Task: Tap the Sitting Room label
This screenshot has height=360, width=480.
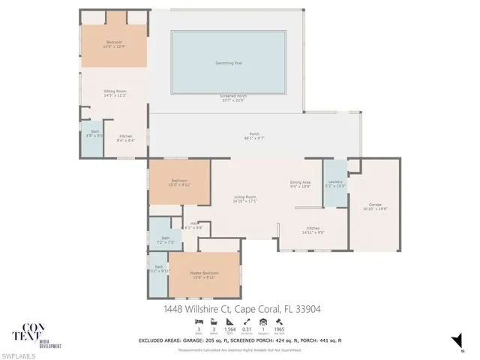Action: tap(115, 91)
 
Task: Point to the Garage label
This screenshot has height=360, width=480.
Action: tap(375, 205)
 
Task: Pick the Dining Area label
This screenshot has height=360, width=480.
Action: tap(300, 182)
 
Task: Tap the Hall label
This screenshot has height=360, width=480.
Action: tap(193, 222)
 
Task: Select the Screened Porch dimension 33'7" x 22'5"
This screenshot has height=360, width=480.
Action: tap(232, 100)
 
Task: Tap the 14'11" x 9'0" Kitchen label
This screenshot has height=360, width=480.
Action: tap(313, 232)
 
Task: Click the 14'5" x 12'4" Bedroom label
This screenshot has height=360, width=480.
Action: tap(114, 46)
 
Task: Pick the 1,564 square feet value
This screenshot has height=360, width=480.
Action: tap(230, 328)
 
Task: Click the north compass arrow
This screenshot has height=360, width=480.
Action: tap(455, 339)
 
